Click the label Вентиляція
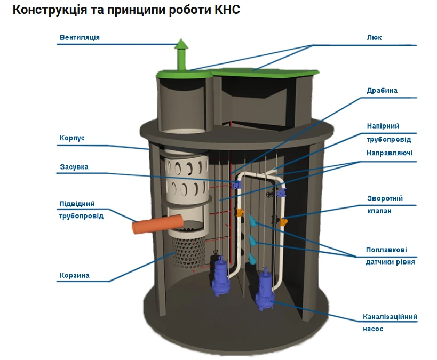coord(80,37)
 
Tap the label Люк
coord(374,37)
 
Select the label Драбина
coord(382,91)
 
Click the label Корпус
coord(72,138)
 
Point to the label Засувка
coord(74,167)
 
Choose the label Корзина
coord(74,276)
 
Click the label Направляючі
coord(389,153)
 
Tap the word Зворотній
coord(384,198)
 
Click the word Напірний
coord(383,126)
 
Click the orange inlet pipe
coord(157,224)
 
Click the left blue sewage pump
coord(219,277)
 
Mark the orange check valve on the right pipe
coord(284,219)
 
